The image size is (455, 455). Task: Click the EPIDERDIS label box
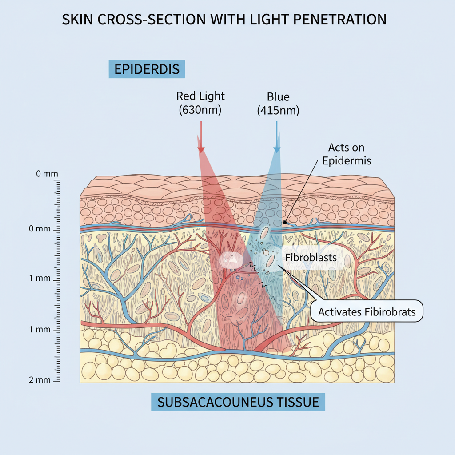147,70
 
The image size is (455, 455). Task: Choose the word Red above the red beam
187,96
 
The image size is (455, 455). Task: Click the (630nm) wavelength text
200,110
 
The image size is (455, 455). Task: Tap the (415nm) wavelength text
278,110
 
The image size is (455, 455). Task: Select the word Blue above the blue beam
278,96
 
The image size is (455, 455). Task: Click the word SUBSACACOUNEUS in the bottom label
216,402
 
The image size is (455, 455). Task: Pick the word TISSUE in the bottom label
300,402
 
